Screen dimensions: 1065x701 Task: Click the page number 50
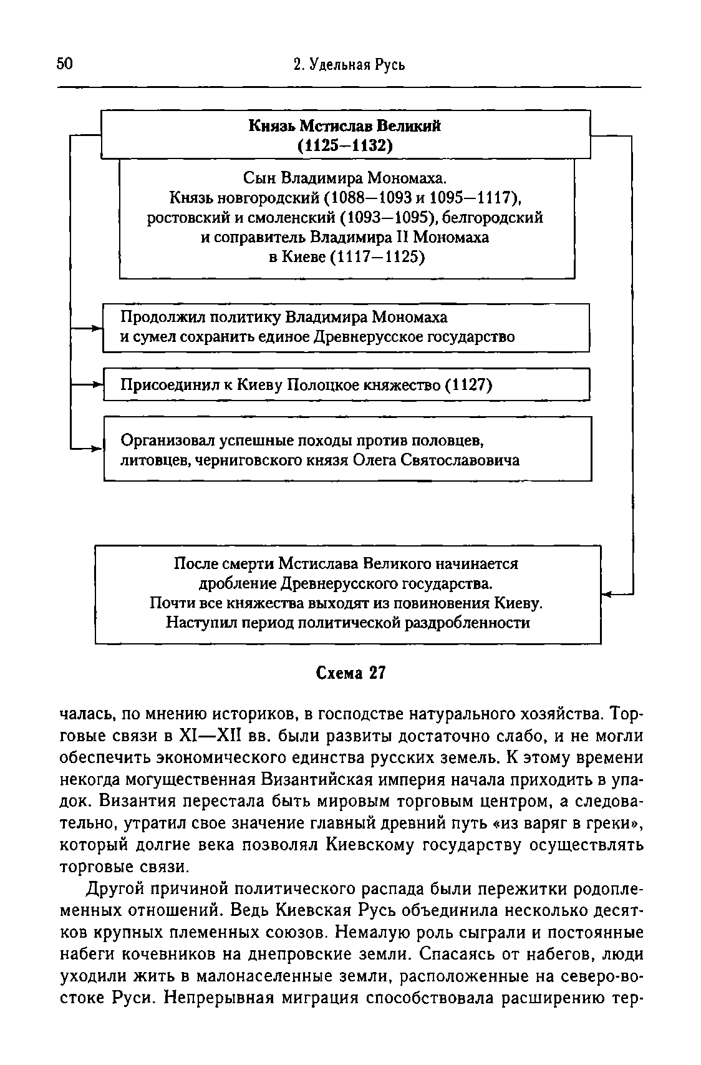tap(65, 64)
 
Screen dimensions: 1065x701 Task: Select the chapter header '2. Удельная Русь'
tap(349, 64)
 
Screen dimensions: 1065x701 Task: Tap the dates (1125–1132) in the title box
tap(345, 145)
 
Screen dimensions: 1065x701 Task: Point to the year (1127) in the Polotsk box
tap(468, 385)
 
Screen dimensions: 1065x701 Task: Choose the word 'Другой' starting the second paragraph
tap(112, 888)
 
